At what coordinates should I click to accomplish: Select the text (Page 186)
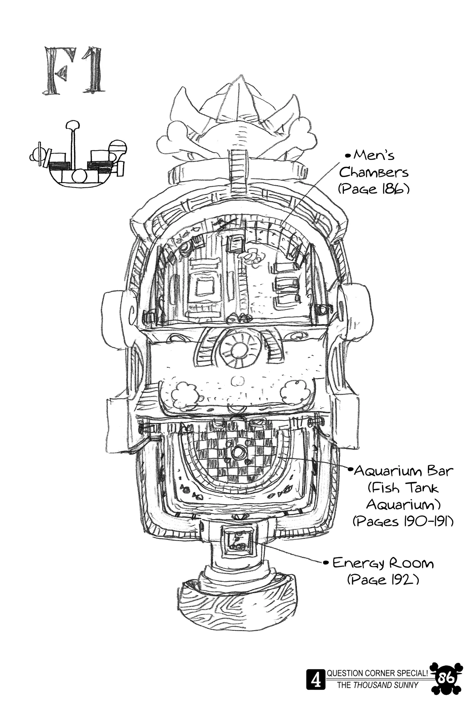click(373, 189)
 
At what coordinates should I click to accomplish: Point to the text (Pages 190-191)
click(403, 521)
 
